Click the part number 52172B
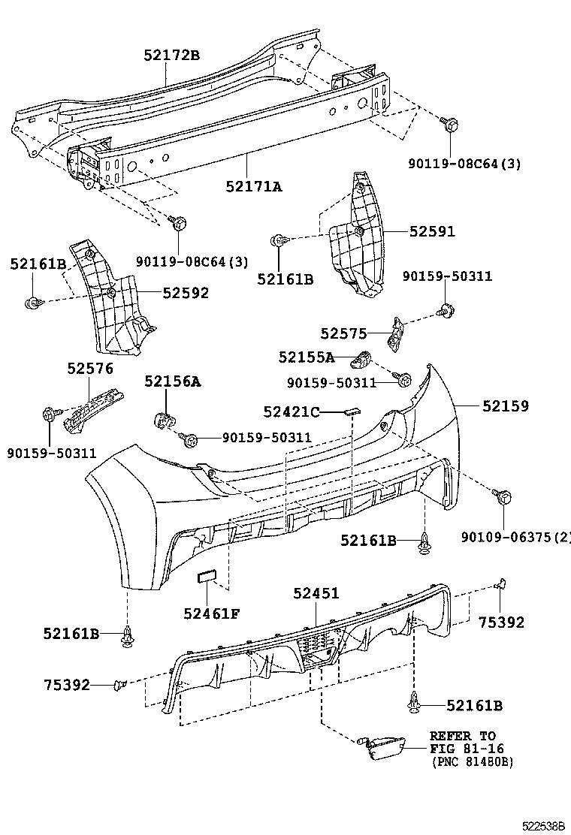pos(171,55)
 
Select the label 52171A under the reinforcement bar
pos(253,186)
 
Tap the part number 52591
pos(433,231)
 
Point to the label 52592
pos(186,293)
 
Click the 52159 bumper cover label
pos(506,406)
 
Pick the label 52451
pos(316,593)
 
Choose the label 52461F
pos(212,614)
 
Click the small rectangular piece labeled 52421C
pos(352,411)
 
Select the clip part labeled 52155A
pos(362,360)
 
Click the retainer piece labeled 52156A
pos(165,421)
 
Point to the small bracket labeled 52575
pos(396,334)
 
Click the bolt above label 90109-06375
pos(503,496)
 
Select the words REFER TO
pos(463,736)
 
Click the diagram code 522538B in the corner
pos(542,827)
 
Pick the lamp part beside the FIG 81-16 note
pos(382,748)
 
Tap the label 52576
pos(90,369)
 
